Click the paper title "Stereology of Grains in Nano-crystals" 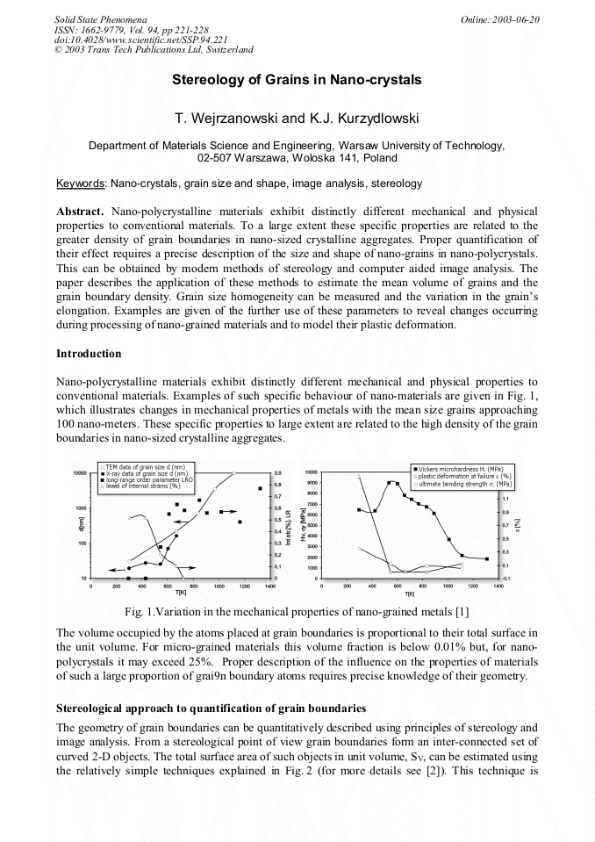pos(297,80)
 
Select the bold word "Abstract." pos(81,212)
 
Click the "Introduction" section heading pos(89,353)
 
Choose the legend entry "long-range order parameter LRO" pos(152,479)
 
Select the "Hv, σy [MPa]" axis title pos(302,527)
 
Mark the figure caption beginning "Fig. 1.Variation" pos(297,611)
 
